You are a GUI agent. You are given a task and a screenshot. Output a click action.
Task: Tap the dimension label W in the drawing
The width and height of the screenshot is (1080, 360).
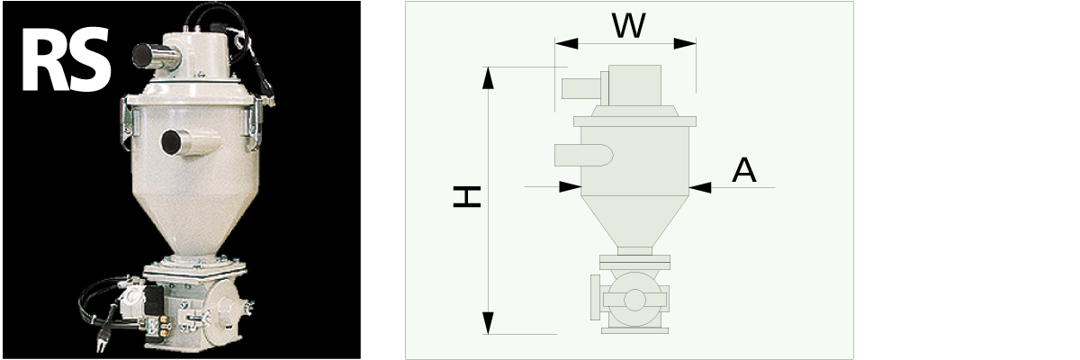(x=628, y=26)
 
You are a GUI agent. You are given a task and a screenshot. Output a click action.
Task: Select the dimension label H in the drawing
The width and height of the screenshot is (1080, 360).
(x=466, y=197)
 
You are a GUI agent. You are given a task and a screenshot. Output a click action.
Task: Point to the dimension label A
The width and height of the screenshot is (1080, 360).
(x=743, y=169)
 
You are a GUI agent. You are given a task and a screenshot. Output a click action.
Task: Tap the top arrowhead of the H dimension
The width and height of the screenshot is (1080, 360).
(x=488, y=77)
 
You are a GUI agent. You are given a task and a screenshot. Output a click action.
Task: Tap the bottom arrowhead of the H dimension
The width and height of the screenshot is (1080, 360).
(x=488, y=323)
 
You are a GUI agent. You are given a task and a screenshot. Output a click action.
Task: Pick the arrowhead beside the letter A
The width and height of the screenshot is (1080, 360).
(x=699, y=187)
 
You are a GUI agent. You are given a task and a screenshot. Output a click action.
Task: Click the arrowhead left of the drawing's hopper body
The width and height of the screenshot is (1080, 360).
(x=570, y=187)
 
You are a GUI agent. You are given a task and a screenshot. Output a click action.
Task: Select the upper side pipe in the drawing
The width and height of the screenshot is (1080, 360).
(x=581, y=87)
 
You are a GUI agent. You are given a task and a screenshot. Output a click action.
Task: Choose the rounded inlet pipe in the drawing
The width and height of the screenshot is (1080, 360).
(x=583, y=155)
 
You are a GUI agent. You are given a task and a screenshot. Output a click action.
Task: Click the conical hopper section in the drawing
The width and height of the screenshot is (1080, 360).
(x=634, y=220)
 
